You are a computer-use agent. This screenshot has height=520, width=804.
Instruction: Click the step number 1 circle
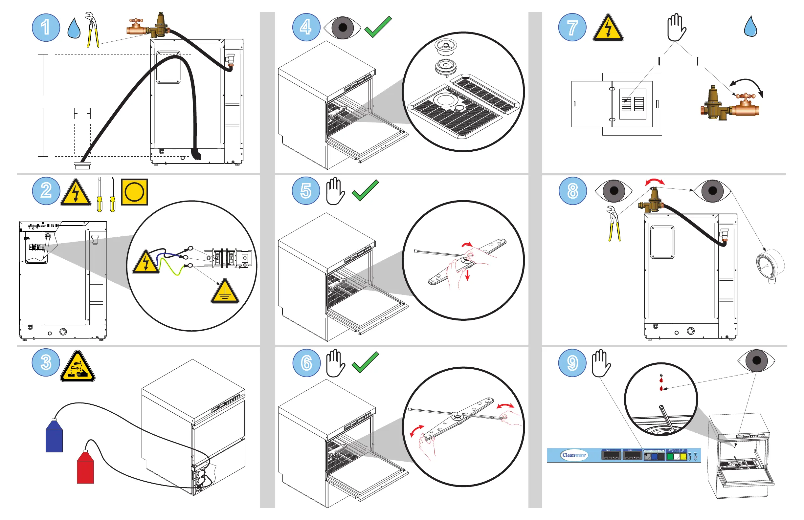[46, 27]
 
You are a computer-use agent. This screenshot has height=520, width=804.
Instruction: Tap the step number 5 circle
[306, 191]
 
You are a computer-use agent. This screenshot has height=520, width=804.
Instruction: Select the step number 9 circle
[572, 363]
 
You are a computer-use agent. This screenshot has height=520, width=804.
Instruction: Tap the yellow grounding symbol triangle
[225, 292]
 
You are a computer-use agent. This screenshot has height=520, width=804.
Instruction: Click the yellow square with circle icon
[134, 192]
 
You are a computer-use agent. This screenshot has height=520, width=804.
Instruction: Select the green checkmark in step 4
[378, 27]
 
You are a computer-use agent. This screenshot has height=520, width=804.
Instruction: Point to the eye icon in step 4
[342, 27]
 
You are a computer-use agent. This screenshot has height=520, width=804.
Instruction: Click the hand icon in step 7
[676, 27]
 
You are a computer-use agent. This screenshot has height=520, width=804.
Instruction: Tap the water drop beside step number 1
[74, 28]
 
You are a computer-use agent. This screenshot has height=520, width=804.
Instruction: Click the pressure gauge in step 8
[769, 265]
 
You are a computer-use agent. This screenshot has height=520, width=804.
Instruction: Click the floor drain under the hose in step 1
[82, 165]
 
